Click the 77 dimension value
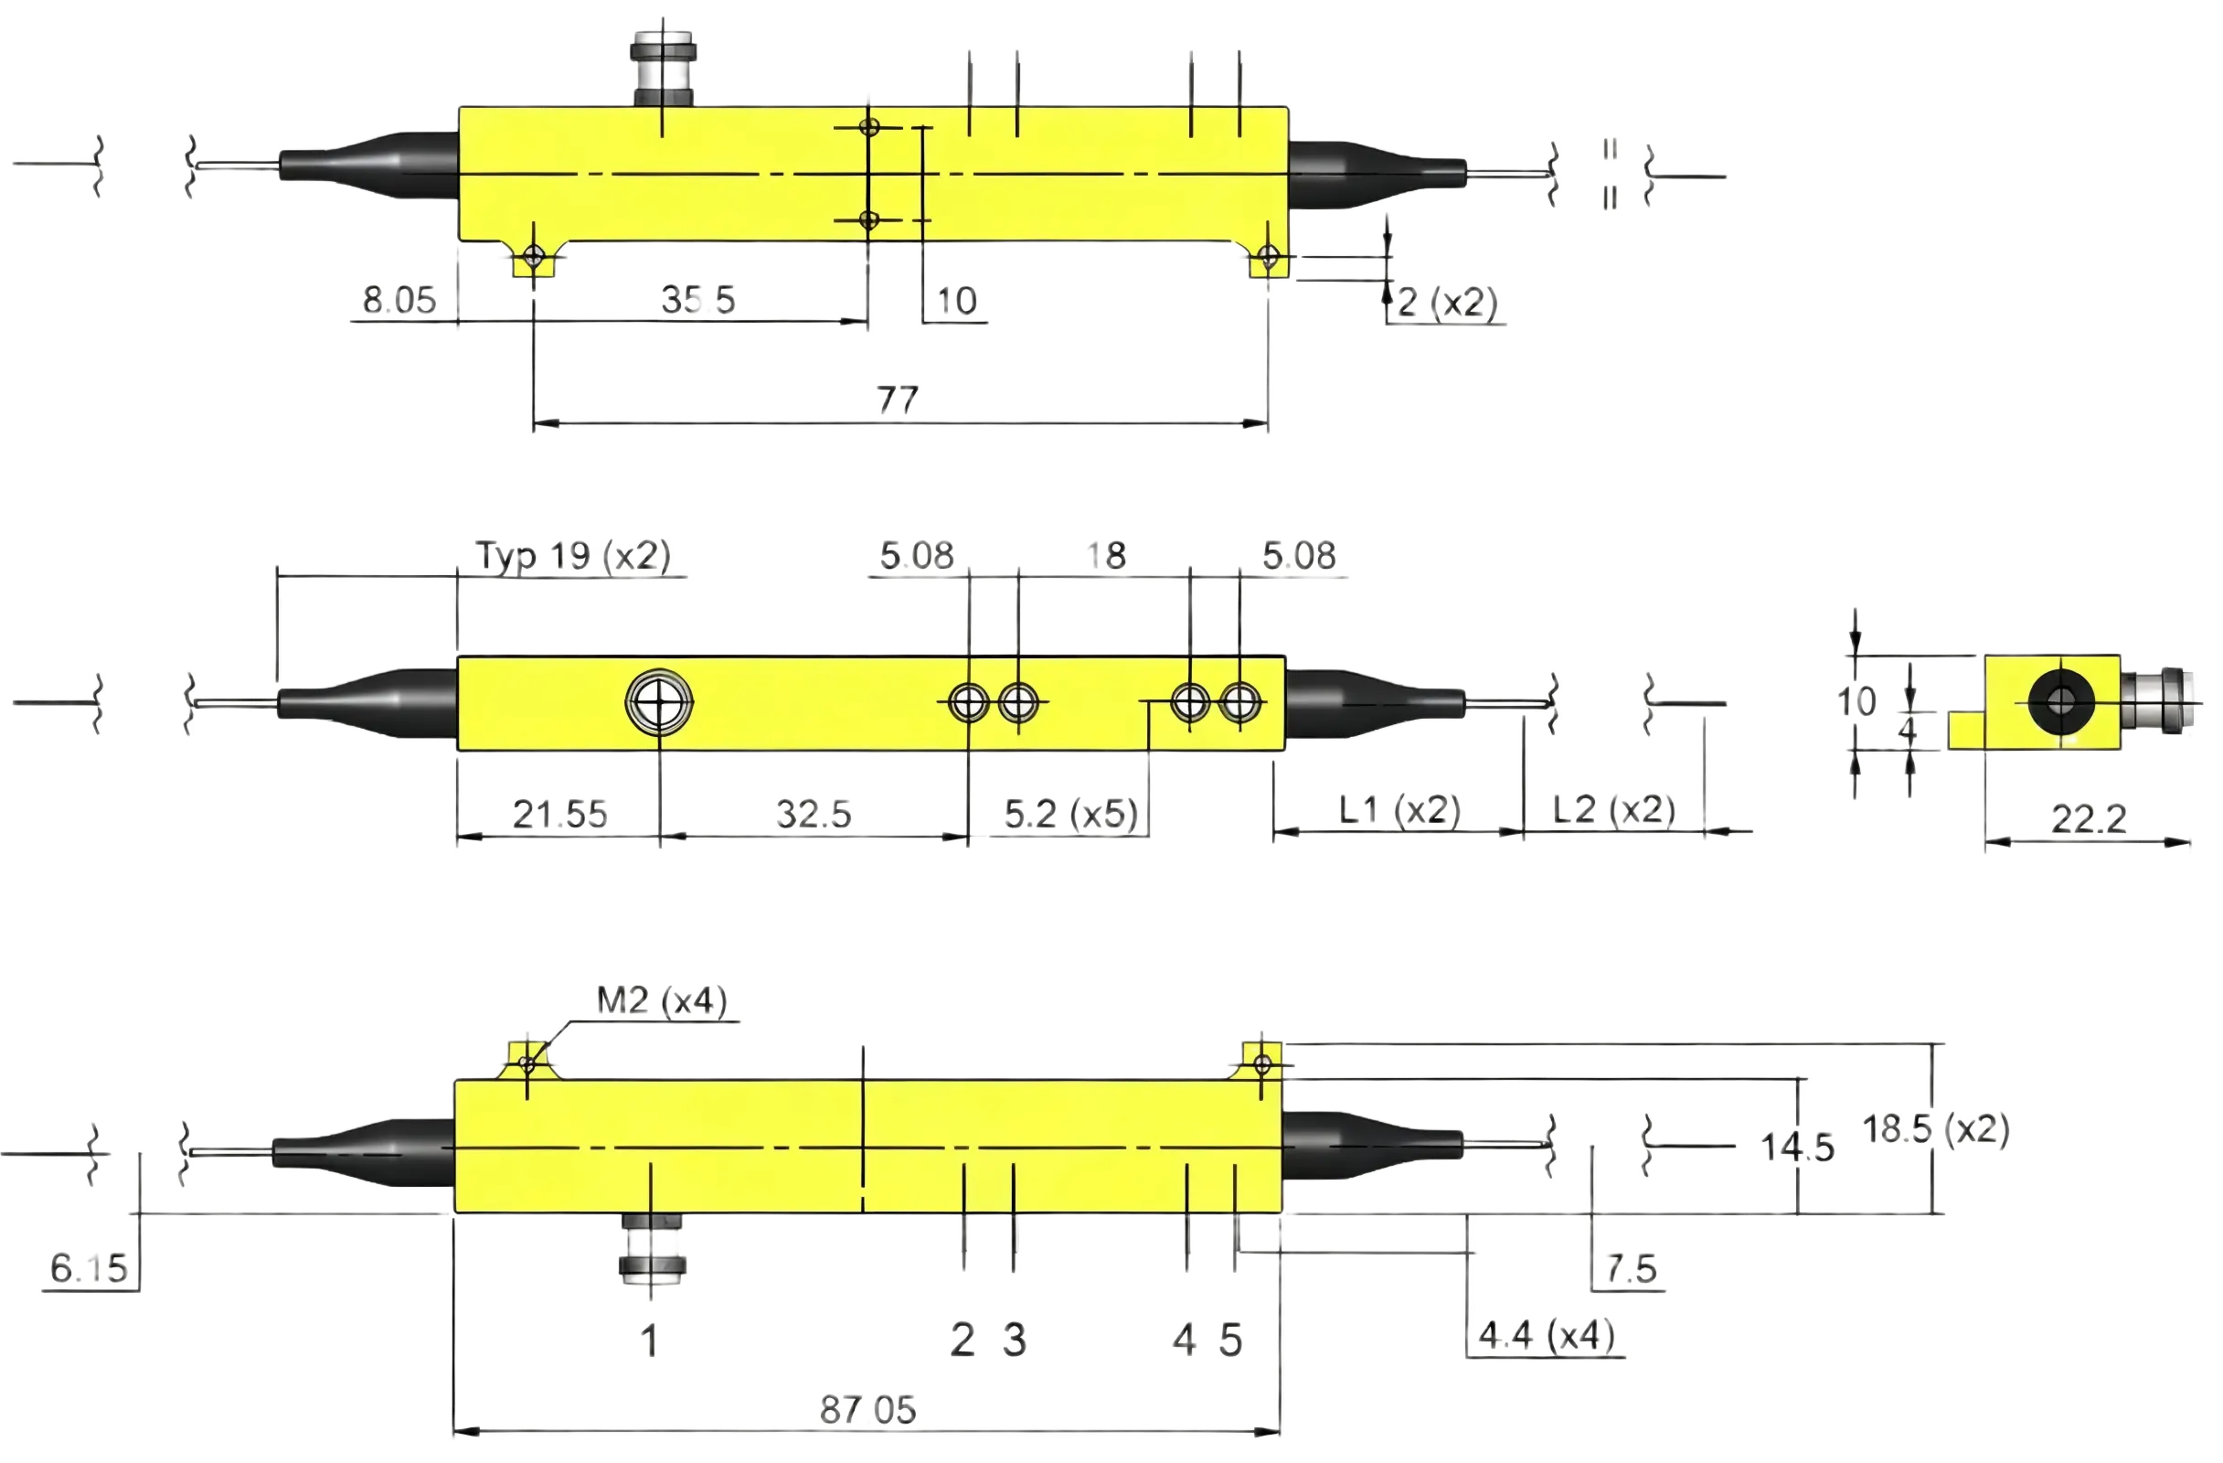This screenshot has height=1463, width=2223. point(897,400)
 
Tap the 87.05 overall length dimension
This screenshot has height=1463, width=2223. point(867,1410)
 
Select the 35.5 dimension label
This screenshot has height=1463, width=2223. point(697,300)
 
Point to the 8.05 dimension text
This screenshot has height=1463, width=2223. point(399,300)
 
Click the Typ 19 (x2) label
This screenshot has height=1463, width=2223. point(573,555)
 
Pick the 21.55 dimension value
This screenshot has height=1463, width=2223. point(559,814)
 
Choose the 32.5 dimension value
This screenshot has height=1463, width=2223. point(814,814)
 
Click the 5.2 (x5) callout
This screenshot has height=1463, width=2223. point(1071,814)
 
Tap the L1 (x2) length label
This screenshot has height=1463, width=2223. point(1399,809)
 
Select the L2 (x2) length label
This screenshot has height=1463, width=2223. point(1614,809)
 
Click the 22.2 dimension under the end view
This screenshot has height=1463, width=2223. point(2089,819)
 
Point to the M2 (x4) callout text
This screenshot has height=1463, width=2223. point(661,1001)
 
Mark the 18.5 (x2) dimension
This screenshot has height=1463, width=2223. point(1936,1129)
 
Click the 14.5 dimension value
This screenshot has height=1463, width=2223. point(1797,1148)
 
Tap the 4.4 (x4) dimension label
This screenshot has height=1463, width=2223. point(1547,1336)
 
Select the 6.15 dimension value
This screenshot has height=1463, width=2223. point(89,1267)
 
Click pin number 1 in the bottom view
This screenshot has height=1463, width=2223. point(650,1341)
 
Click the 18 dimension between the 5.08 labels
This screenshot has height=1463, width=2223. point(1107,556)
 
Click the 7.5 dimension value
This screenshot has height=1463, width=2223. point(1631,1268)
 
